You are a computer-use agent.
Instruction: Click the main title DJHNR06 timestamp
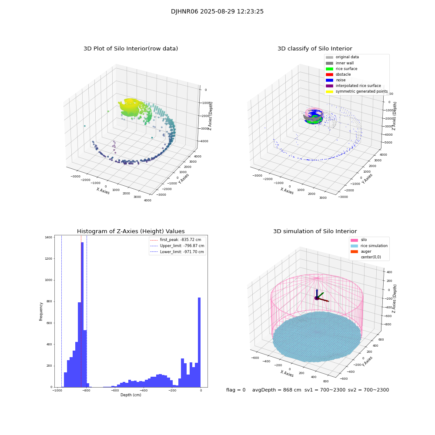coord(217,12)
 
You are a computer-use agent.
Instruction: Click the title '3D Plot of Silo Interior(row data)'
coord(130,49)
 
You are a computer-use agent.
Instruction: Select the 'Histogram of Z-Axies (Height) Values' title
coord(130,231)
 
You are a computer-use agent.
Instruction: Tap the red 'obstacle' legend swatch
coord(329,74)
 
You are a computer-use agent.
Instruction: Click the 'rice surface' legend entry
coord(346,69)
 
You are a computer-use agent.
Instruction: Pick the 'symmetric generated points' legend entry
coord(361,91)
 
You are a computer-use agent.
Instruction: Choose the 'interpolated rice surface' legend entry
coord(361,86)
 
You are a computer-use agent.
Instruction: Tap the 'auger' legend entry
coord(366,251)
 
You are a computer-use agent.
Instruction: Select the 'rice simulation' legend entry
coord(374,246)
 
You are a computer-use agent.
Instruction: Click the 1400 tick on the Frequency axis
coord(47,238)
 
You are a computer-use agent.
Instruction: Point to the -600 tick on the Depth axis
coord(114,391)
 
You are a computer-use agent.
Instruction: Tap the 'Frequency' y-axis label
coord(41,311)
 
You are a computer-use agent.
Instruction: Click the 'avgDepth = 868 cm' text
coord(277,390)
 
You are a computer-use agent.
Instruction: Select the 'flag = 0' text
coord(236,390)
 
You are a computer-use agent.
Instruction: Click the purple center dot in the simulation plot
coord(317,298)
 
